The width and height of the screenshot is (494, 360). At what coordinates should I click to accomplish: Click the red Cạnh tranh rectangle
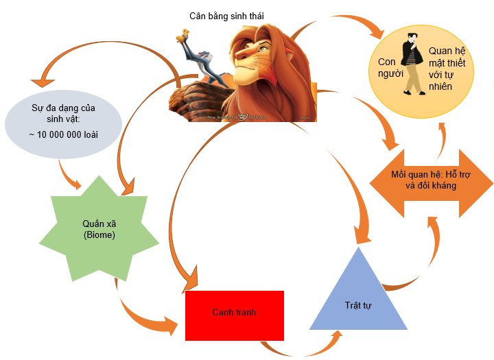(234, 315)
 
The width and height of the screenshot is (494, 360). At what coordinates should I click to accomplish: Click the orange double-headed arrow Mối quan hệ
(431, 179)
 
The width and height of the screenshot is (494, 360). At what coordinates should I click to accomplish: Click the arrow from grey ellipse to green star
(69, 174)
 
